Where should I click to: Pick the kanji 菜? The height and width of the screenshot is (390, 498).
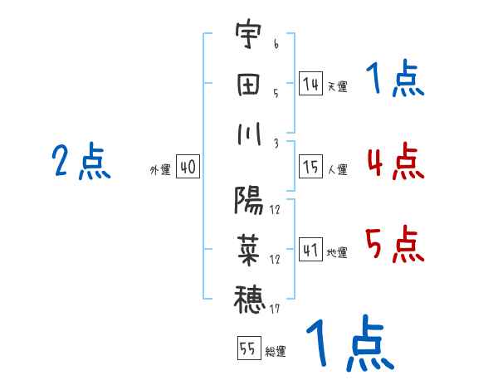(248, 247)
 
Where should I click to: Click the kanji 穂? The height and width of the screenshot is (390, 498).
(248, 297)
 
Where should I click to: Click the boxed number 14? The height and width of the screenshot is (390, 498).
(310, 84)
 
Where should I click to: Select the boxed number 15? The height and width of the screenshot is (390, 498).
(310, 167)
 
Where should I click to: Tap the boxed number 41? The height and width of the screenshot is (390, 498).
(310, 249)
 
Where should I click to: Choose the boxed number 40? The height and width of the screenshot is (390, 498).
(188, 167)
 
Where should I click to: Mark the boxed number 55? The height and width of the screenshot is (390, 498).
(247, 349)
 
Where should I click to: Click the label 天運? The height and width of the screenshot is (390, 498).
(337, 86)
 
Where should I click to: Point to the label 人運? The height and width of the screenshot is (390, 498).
(337, 169)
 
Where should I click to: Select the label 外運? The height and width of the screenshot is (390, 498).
(160, 169)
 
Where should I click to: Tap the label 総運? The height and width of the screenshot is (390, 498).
(276, 351)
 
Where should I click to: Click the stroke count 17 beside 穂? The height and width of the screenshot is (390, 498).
(275, 310)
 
